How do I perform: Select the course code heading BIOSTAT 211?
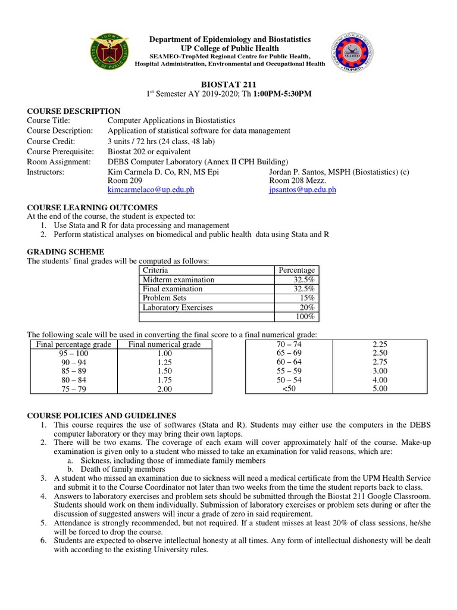coord(228,84)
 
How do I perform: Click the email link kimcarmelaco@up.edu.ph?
coord(151,189)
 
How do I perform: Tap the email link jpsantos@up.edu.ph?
coord(302,189)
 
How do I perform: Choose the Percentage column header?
coord(296,270)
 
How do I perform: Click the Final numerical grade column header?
coord(160,344)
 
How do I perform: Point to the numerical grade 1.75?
coord(161,380)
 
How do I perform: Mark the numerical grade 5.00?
coord(379,389)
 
